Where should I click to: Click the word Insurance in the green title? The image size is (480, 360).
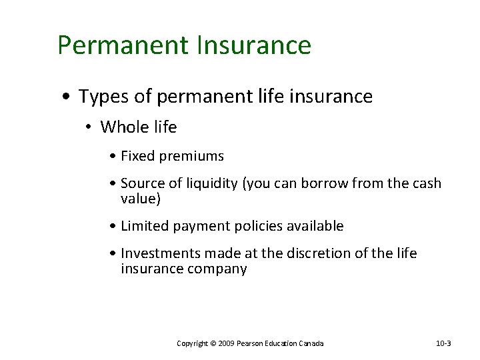[254, 45]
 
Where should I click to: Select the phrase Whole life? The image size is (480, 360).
[139, 127]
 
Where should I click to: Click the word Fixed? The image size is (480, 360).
[137, 157]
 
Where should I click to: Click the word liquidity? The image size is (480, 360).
[210, 183]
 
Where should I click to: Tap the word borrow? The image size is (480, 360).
[317, 183]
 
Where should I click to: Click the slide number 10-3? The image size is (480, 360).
[443, 343]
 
